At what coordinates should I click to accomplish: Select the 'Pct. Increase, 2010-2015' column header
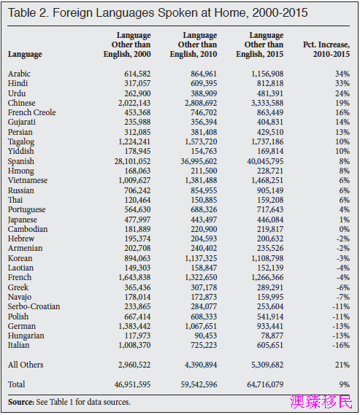point(326,49)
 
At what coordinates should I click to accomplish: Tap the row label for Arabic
point(19,74)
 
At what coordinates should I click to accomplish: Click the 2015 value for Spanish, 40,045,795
point(265,161)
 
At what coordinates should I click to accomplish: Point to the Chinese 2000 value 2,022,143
point(134,103)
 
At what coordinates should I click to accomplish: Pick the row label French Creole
point(32,112)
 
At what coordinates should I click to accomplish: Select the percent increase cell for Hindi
point(342,83)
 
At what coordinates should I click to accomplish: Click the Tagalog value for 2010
point(201,141)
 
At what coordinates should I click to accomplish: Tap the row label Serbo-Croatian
point(34,306)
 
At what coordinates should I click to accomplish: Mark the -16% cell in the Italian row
point(341,345)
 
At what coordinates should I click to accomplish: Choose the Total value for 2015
point(265,384)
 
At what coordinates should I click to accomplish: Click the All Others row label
point(26,365)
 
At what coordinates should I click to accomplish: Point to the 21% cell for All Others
point(342,365)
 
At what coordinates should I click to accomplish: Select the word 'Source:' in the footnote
point(21,402)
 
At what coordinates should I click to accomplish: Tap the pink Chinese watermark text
point(321,401)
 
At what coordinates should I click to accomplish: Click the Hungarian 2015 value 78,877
point(272,336)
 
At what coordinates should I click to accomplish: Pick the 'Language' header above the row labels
point(25,54)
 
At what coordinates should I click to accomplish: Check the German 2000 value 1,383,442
point(134,326)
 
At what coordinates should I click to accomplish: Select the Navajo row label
point(20,297)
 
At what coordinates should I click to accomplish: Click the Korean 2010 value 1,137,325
point(201,258)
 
